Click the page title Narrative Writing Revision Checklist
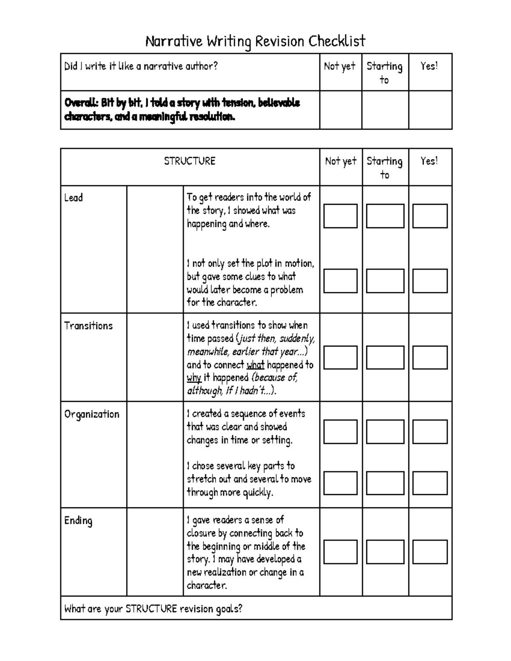255,41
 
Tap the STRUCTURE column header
189,161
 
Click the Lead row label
73,197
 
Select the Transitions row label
88,326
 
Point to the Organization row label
92,414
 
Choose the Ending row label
78,521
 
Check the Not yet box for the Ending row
340,552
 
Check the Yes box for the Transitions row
430,357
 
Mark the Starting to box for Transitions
385,357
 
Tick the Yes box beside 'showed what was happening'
430,216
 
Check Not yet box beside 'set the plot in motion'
340,280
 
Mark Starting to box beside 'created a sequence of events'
385,432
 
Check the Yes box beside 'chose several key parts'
430,483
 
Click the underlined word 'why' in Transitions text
194,378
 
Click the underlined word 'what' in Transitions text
255,365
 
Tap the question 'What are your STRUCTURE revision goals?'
153,608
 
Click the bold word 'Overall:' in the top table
81,103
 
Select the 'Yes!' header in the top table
429,66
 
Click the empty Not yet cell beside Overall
340,110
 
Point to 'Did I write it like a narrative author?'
141,66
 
